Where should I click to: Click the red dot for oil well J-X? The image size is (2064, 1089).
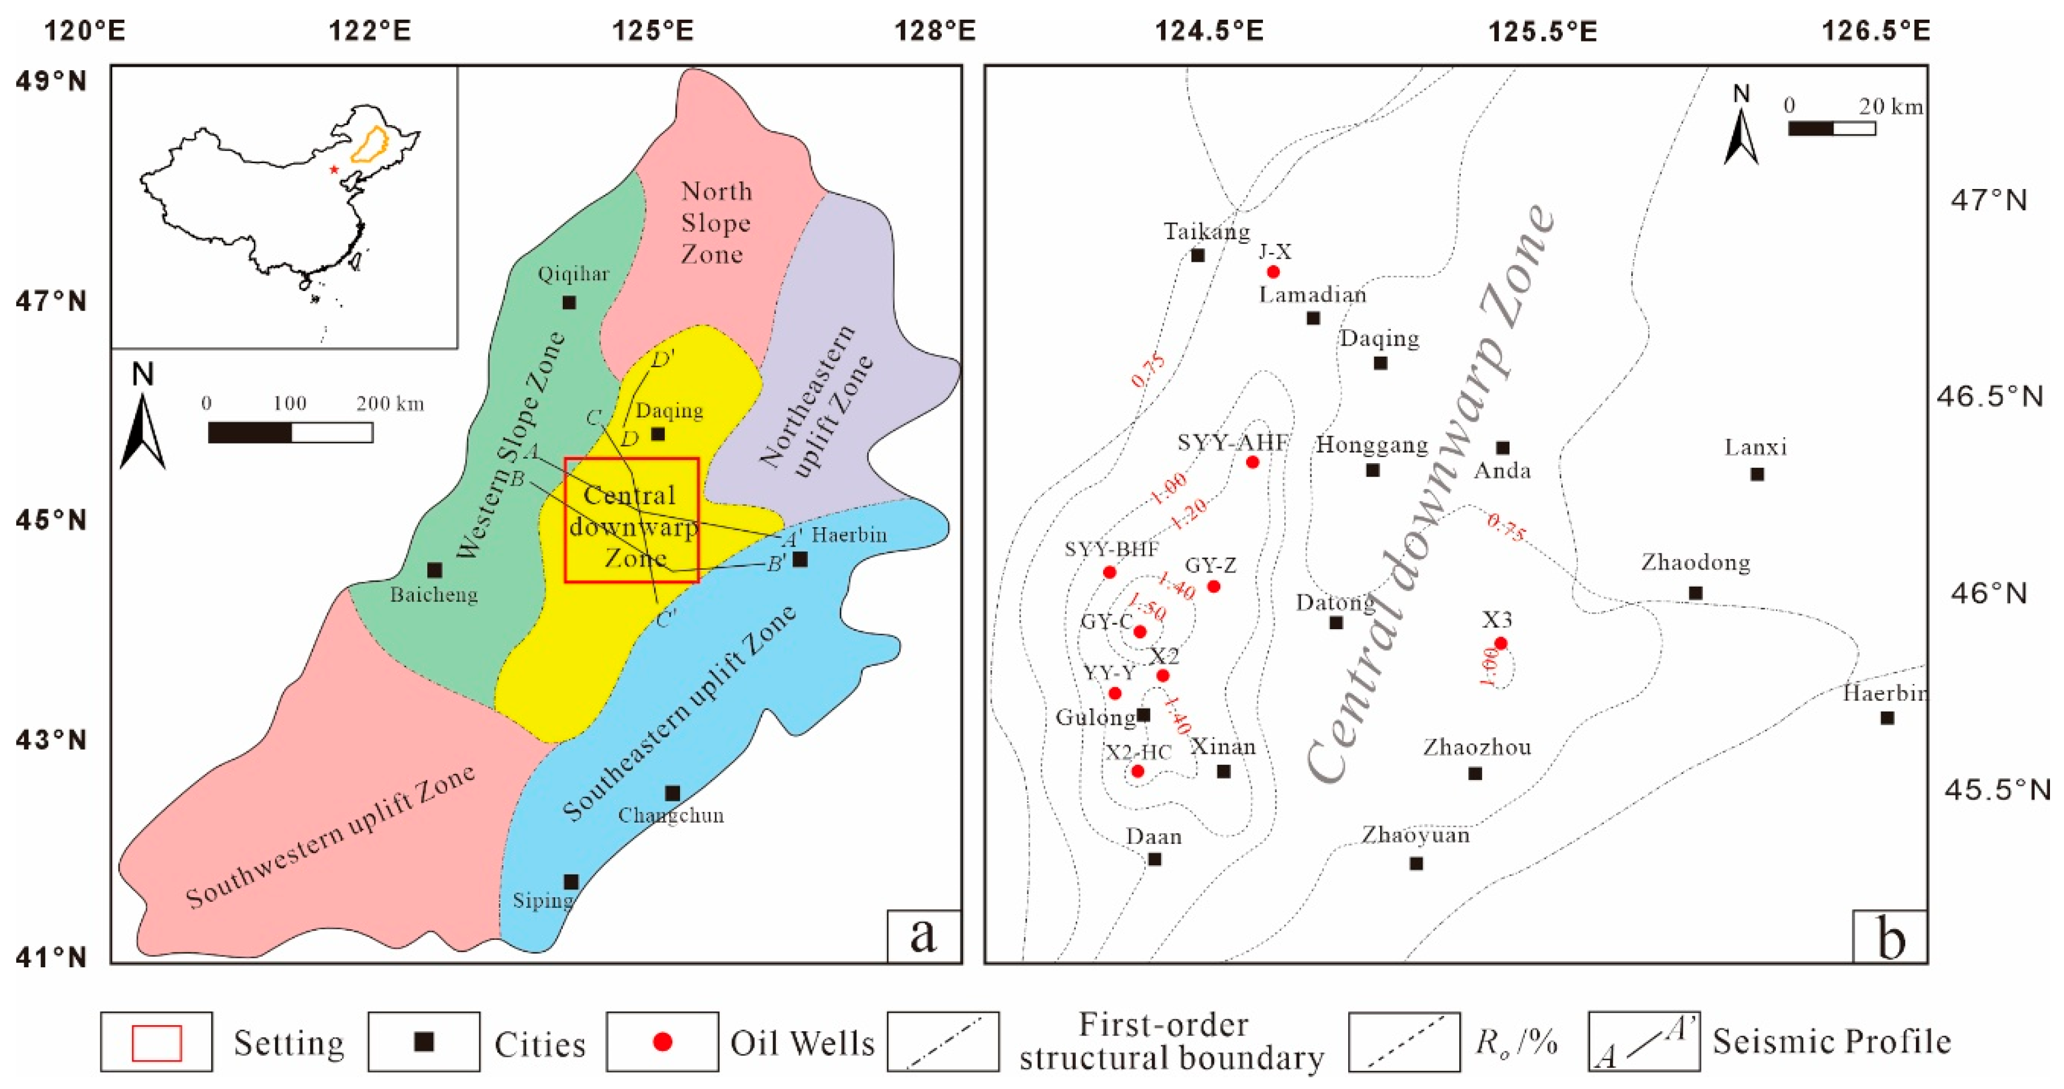point(1273,271)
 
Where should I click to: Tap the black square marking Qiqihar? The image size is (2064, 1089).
point(569,302)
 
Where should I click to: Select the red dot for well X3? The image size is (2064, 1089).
point(1501,643)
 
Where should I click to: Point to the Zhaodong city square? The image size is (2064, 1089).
point(1695,593)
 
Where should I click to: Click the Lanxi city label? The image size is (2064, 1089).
point(1756,447)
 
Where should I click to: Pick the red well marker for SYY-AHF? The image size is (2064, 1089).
point(1252,463)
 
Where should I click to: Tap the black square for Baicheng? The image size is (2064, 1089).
point(434,570)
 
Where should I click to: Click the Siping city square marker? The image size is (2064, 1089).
point(571,882)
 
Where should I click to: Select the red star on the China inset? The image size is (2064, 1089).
point(334,169)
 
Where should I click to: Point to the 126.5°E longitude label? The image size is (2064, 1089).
point(1876,30)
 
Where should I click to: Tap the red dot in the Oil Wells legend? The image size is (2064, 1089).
point(662,1042)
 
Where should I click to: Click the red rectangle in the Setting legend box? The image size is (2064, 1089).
point(157,1042)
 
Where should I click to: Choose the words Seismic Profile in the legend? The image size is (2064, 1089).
point(1831,1042)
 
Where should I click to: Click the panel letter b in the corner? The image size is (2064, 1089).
point(1891,938)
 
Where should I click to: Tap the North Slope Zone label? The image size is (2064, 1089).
point(715,222)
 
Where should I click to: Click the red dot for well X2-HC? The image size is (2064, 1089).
point(1137,772)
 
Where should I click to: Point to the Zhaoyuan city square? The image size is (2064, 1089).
point(1417,863)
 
